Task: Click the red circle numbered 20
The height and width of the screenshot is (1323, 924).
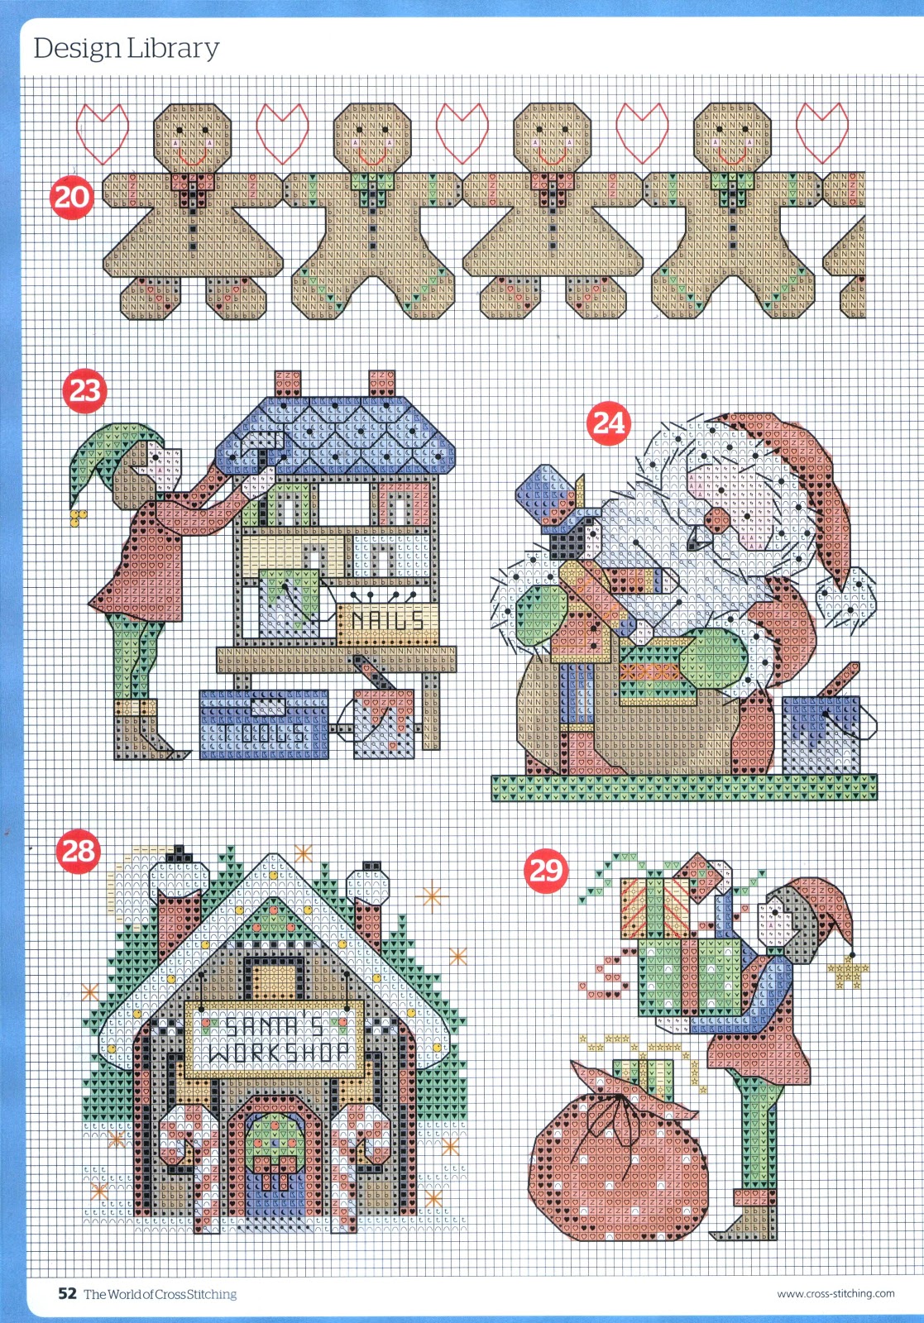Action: point(71,198)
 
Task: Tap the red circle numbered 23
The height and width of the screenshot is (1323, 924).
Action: point(84,391)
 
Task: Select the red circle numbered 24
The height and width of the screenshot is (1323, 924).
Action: point(608,423)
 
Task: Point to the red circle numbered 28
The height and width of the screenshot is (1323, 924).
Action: point(78,851)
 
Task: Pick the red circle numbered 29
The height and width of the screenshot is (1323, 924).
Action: point(544,870)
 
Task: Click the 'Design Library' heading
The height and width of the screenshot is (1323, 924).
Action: point(127,49)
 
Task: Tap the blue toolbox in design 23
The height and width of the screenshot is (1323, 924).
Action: point(264,724)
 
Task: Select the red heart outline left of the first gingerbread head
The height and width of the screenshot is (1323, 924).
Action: point(103,133)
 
